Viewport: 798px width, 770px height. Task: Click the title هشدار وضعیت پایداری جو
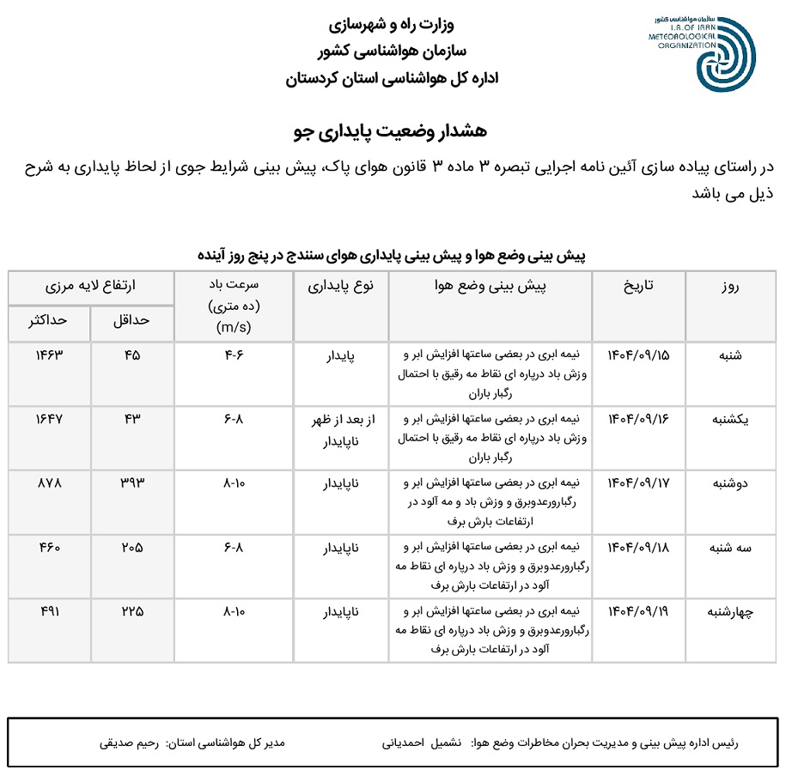[390, 130]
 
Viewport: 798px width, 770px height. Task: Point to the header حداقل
[131, 320]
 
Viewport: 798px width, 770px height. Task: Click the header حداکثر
[49, 320]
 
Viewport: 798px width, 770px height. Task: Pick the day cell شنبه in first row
[730, 355]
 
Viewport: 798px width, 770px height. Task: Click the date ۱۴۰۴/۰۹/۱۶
[638, 419]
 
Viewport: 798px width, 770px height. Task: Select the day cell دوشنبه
[730, 483]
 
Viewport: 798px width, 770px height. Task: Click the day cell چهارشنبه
[730, 612]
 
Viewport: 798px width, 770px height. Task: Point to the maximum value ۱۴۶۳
[49, 355]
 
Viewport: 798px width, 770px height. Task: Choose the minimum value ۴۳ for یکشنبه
[131, 419]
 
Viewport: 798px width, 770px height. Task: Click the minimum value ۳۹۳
[131, 483]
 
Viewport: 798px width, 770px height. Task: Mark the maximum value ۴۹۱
[49, 612]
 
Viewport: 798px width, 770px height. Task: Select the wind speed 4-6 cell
[234, 355]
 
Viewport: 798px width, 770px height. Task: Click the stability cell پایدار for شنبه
[340, 355]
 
